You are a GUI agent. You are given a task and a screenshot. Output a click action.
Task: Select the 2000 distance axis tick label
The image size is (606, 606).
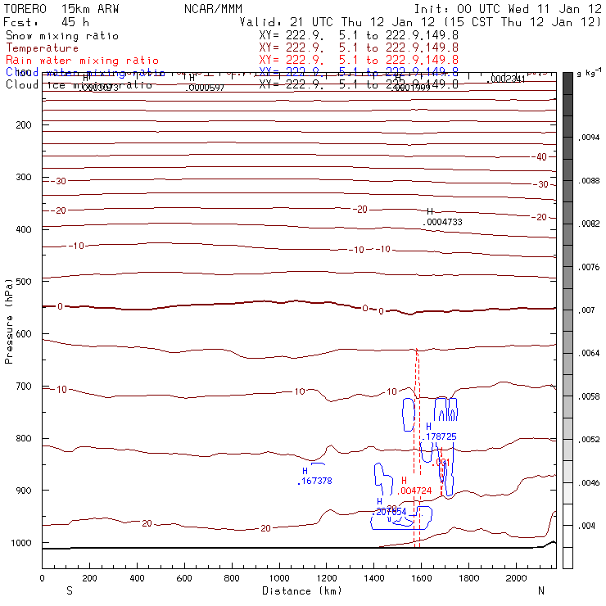click(x=517, y=578)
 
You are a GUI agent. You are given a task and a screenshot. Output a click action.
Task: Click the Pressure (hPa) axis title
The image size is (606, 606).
click(x=10, y=319)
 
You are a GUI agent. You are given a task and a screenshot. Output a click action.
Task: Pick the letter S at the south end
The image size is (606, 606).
click(x=69, y=590)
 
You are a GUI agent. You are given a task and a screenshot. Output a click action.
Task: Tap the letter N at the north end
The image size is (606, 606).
click(x=540, y=590)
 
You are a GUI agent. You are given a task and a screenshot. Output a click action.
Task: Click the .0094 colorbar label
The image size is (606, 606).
click(x=590, y=138)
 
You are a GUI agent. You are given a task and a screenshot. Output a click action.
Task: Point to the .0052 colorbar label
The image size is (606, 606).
click(x=590, y=440)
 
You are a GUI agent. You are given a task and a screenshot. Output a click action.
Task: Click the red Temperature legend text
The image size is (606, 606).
click(x=42, y=48)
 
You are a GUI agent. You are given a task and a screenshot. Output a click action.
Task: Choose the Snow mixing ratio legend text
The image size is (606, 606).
click(x=61, y=36)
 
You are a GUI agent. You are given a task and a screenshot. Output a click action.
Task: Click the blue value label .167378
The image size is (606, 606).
click(x=315, y=482)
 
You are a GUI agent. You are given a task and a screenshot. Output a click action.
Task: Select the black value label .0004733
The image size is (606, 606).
click(x=442, y=222)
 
